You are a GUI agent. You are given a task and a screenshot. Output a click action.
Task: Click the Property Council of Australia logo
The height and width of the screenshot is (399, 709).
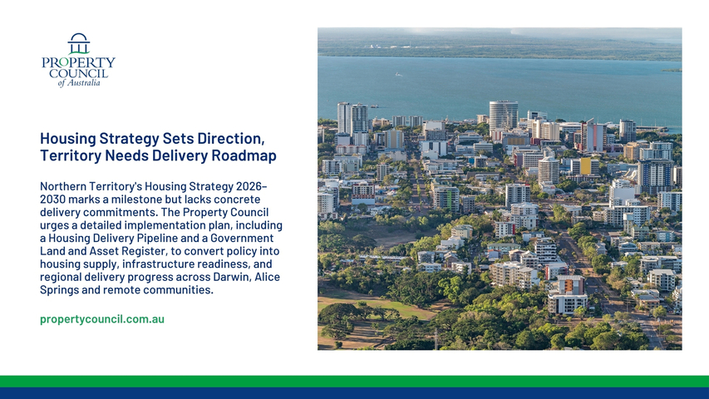(x=78, y=60)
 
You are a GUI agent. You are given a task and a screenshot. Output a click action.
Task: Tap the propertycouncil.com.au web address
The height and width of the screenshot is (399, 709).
(x=102, y=319)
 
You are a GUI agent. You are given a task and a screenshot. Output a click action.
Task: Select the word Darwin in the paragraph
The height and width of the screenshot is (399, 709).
(x=232, y=277)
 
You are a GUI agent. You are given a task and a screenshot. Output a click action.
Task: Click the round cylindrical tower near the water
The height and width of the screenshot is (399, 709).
(x=503, y=116)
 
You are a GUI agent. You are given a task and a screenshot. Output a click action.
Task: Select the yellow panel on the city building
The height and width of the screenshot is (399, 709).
(x=585, y=166)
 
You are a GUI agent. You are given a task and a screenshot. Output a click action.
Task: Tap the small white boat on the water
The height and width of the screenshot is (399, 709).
(x=398, y=75)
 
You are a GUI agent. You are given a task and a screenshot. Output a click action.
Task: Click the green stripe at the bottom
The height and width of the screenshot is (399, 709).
(x=354, y=382)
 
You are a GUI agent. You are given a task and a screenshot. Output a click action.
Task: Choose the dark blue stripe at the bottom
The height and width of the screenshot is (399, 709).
(x=354, y=393)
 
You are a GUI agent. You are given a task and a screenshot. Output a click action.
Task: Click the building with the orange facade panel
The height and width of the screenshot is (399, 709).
(x=568, y=295)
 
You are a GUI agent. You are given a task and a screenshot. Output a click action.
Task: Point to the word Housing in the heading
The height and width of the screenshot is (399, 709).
(x=68, y=138)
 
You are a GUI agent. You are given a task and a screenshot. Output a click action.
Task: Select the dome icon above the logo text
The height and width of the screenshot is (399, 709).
(x=79, y=43)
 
